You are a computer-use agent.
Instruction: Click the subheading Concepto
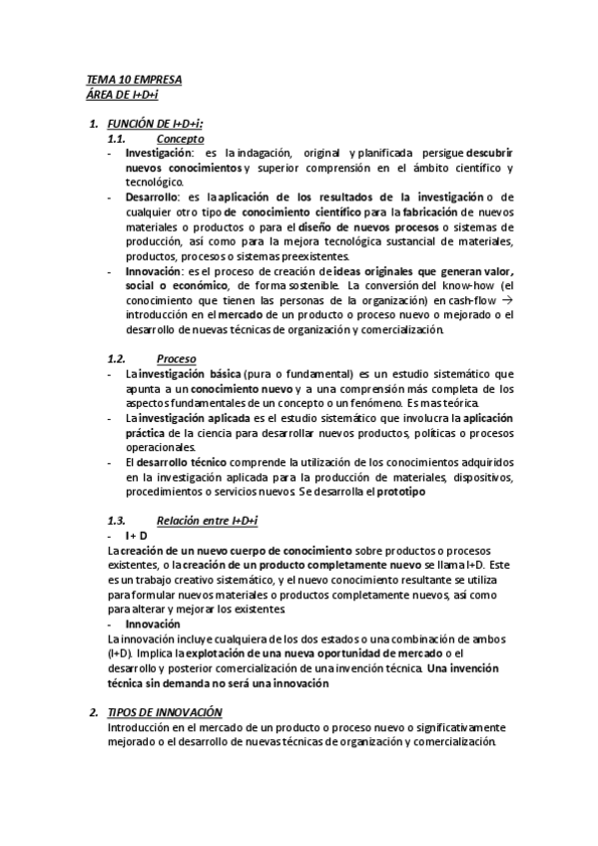181,139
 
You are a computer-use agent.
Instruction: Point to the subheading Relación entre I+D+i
208,521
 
